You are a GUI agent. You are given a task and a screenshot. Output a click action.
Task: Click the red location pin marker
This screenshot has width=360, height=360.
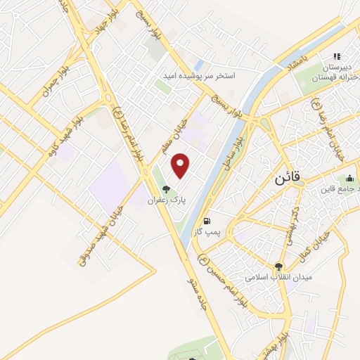click(181, 165)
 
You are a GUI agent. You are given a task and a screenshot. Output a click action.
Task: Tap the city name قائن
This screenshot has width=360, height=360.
click(288, 179)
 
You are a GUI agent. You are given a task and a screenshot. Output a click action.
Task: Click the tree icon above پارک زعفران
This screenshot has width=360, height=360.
click(166, 188)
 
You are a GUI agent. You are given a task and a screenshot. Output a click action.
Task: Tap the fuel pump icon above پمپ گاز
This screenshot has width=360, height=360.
click(207, 221)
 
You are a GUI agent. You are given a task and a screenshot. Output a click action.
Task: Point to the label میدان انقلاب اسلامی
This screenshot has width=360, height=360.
click(278, 278)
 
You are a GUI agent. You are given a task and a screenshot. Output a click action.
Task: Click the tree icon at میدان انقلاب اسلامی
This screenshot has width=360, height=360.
click(278, 266)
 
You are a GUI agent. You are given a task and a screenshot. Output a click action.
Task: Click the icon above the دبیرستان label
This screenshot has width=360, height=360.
click(337, 56)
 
